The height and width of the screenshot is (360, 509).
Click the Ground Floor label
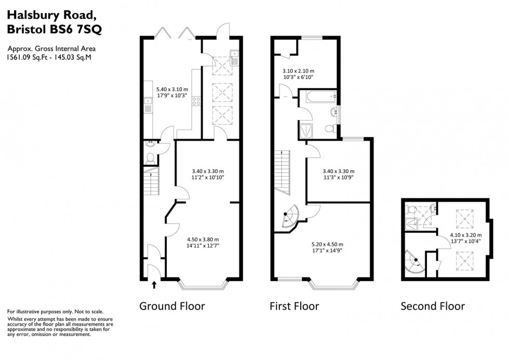point(172,306)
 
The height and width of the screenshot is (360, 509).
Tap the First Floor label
point(294,306)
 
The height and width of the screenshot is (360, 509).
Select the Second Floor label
point(433,306)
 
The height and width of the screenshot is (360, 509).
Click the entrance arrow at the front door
point(154,284)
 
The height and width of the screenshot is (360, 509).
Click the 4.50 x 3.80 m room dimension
point(203,242)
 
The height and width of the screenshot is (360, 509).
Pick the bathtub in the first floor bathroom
point(317,97)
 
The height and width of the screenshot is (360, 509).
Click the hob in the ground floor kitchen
point(197,102)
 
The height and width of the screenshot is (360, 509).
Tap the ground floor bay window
point(203,284)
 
